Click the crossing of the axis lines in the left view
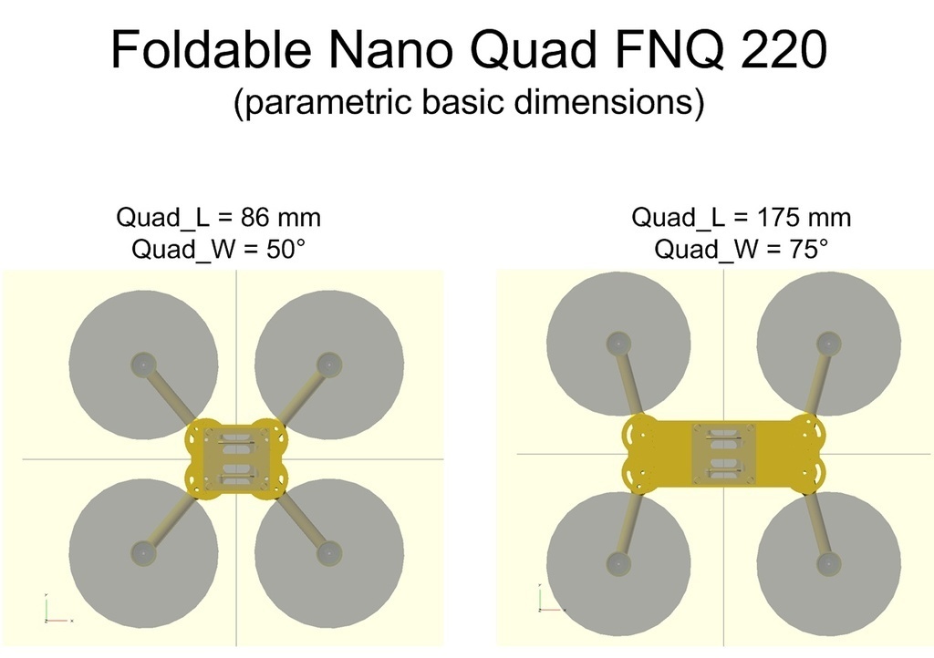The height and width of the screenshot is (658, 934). [236, 458]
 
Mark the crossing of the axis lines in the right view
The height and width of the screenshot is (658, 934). [723, 454]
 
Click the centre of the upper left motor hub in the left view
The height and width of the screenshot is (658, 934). [143, 365]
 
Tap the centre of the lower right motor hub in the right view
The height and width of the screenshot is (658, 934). [828, 563]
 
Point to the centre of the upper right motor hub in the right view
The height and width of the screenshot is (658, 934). [828, 344]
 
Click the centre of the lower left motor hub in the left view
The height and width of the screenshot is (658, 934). [143, 553]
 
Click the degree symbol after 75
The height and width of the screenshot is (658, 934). [824, 242]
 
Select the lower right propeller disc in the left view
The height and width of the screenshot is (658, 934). [329, 553]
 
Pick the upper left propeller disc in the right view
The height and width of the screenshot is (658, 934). [618, 344]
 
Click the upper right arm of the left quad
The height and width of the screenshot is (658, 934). [303, 394]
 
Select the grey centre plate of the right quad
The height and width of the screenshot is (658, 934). [723, 454]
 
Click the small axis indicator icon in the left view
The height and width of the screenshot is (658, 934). [57, 608]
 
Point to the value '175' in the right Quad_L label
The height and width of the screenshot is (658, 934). [777, 218]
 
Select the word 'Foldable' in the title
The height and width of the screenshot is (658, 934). [211, 49]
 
